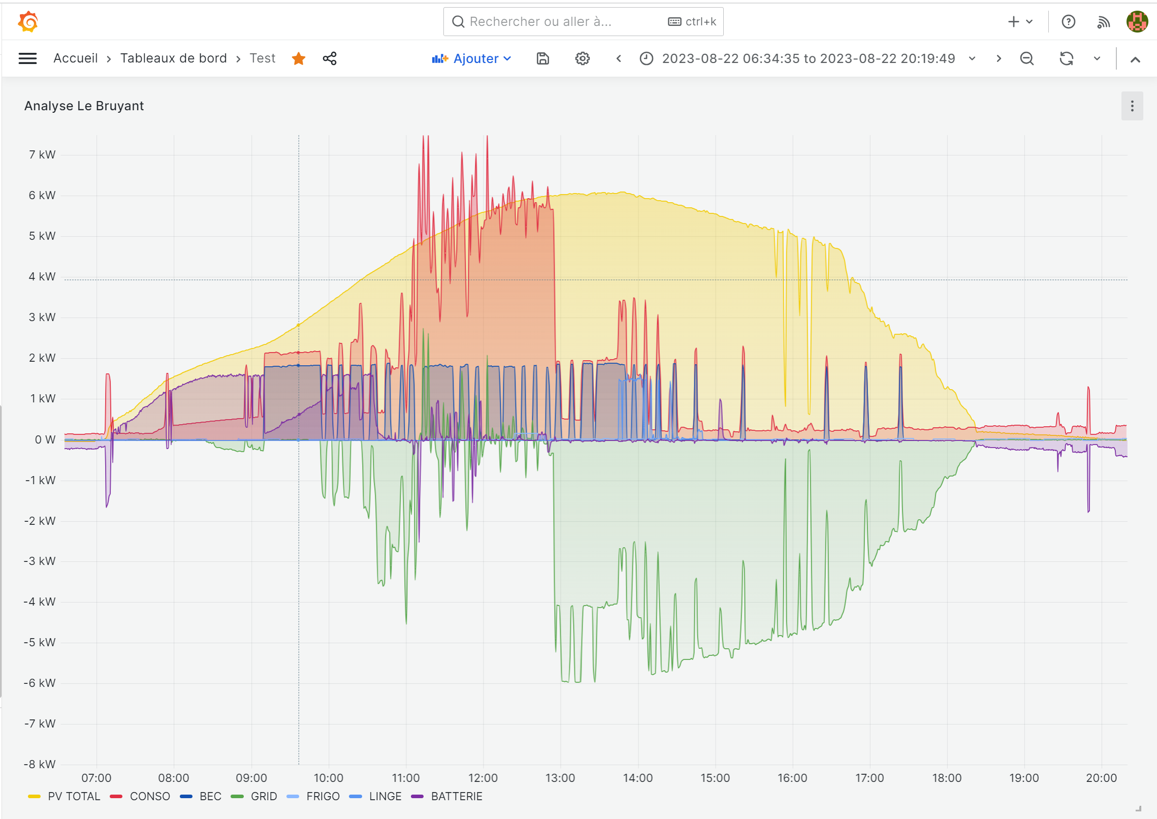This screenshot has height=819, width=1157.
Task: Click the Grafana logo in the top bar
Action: (28, 22)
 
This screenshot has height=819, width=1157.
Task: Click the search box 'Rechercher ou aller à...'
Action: (559, 22)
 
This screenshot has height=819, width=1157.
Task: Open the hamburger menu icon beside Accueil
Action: (27, 58)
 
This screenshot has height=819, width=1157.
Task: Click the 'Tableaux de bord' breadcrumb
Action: (173, 58)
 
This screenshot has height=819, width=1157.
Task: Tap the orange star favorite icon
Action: (299, 58)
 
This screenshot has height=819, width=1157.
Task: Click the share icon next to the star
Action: (330, 58)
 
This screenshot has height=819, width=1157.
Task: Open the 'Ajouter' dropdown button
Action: (471, 58)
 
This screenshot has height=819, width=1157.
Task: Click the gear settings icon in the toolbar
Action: (582, 58)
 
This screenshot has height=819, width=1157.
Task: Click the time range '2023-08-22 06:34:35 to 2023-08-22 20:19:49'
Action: (808, 58)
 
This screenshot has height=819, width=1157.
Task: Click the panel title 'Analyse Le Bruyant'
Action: (84, 106)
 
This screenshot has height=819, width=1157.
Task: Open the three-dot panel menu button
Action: (1132, 106)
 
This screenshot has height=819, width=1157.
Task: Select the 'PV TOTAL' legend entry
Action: (74, 796)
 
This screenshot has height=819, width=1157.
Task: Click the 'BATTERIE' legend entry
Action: (456, 796)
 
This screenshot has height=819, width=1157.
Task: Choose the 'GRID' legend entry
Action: (264, 796)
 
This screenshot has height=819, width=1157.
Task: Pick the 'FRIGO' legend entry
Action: (323, 796)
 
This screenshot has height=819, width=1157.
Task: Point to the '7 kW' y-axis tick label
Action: (42, 154)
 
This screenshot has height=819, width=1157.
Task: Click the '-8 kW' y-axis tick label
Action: (40, 764)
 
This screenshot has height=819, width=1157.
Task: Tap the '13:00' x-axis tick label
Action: (560, 778)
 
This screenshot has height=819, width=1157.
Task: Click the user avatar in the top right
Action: (1137, 22)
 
